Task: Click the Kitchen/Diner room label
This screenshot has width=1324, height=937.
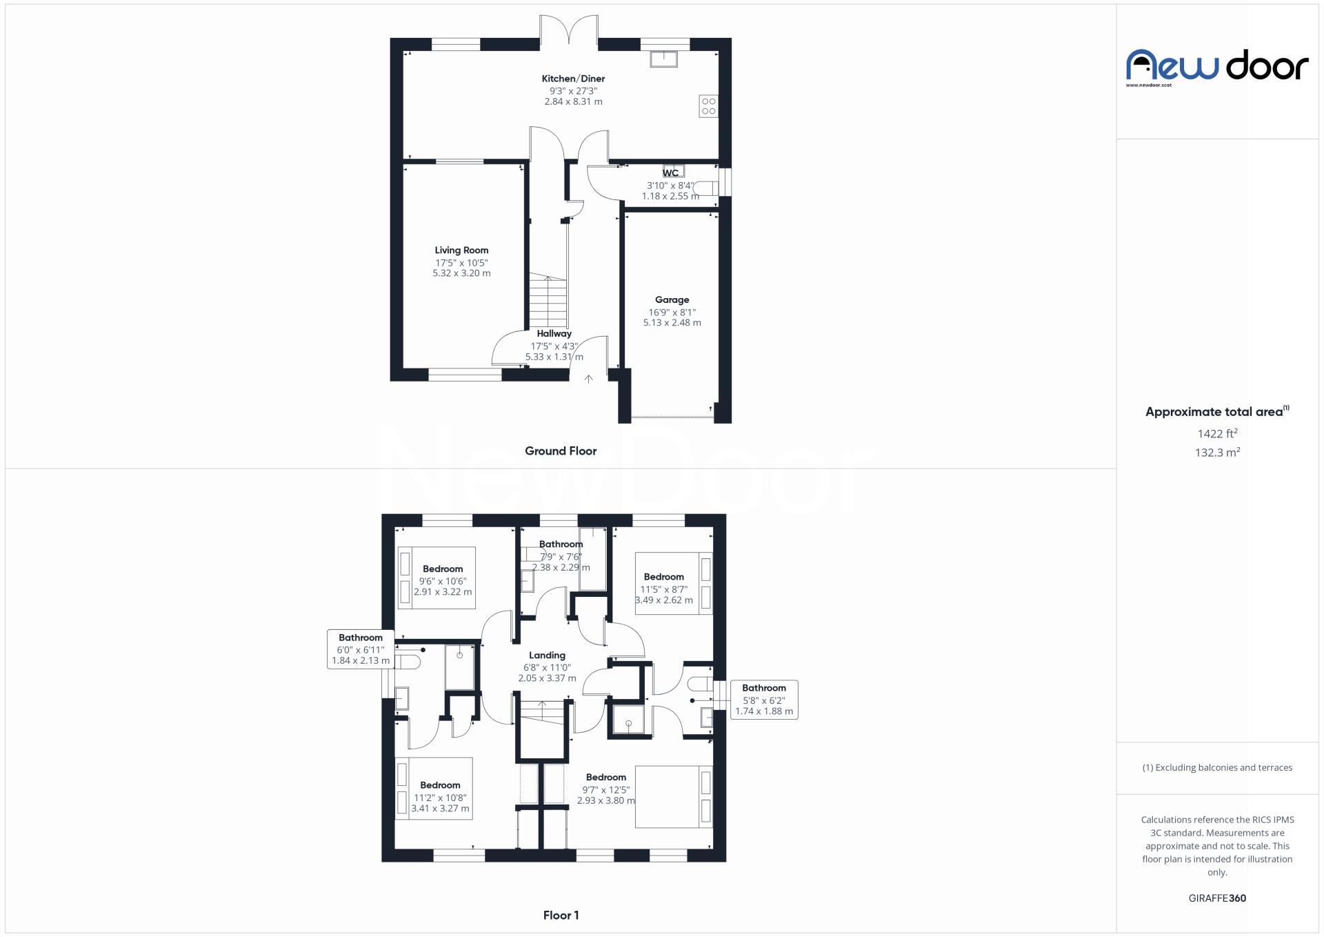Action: pos(573,79)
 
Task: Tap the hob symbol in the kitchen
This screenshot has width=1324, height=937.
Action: pos(708,106)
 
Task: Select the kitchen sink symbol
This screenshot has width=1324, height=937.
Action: pos(663,59)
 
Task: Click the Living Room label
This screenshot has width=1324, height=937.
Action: pos(461,250)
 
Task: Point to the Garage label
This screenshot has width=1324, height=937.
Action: pos(672,300)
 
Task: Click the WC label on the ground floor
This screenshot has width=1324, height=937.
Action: pos(671,173)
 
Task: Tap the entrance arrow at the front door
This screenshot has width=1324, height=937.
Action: pos(588,378)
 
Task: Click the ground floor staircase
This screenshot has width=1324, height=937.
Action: pos(548,302)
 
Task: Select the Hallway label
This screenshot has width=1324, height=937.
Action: pos(554,334)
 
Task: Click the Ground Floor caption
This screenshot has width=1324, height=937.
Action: pos(561,451)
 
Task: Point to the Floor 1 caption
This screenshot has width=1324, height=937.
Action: pos(561,916)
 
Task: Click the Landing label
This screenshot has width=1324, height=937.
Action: pos(547,655)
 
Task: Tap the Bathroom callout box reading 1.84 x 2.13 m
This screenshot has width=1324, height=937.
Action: pos(361,649)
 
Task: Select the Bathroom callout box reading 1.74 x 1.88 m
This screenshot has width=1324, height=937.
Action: pos(764,700)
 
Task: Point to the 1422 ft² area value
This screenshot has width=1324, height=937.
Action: pos(1217,434)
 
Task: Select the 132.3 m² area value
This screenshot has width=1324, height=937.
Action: pos(1217,453)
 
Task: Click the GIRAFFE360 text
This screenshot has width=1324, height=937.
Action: pos(1217,898)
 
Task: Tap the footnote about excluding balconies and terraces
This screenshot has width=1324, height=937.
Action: pos(1217,768)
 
